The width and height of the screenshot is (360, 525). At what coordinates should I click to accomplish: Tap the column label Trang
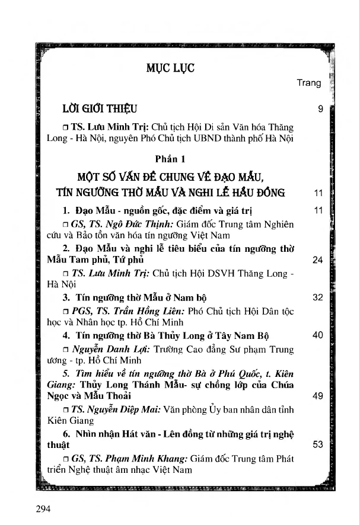click(x=309, y=83)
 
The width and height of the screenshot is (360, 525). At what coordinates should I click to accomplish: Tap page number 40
click(x=317, y=335)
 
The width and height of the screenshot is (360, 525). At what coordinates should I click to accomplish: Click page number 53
click(x=317, y=444)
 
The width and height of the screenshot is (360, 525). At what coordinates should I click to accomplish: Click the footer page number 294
click(x=44, y=508)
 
